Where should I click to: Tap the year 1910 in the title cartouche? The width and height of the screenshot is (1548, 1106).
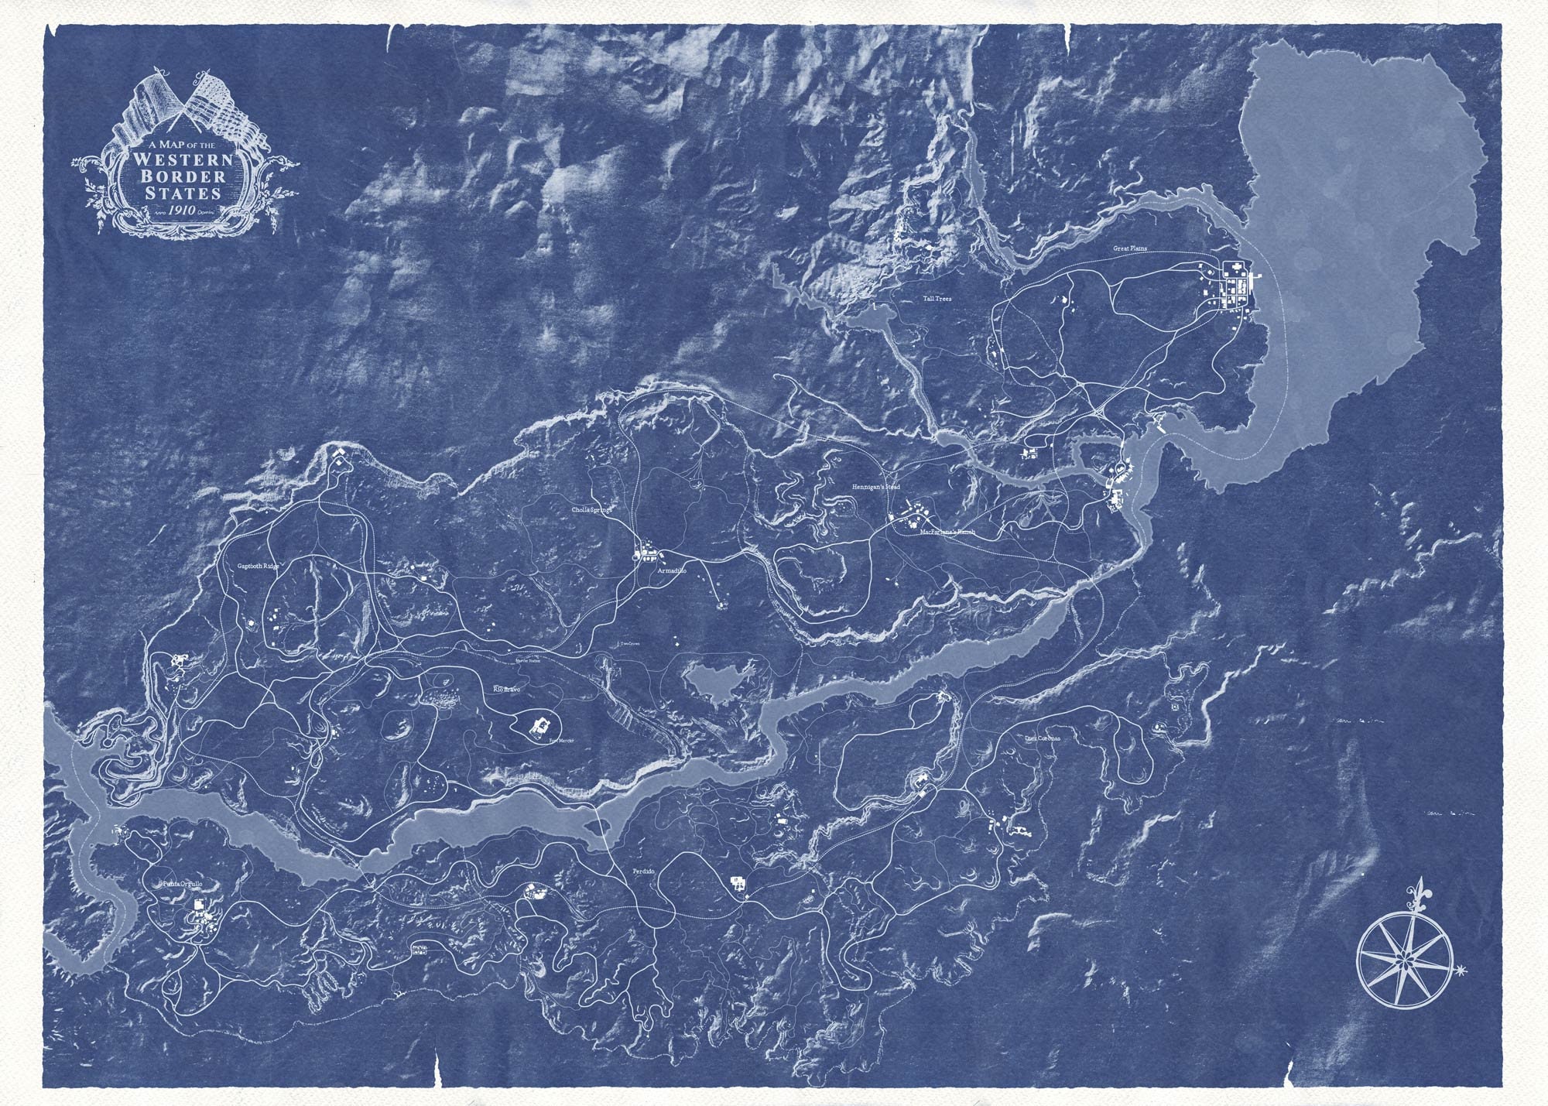tap(183, 211)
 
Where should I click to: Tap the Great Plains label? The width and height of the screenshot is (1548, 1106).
tap(1131, 249)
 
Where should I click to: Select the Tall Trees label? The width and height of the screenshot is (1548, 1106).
tap(937, 298)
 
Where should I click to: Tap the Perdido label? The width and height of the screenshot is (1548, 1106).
tap(643, 871)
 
